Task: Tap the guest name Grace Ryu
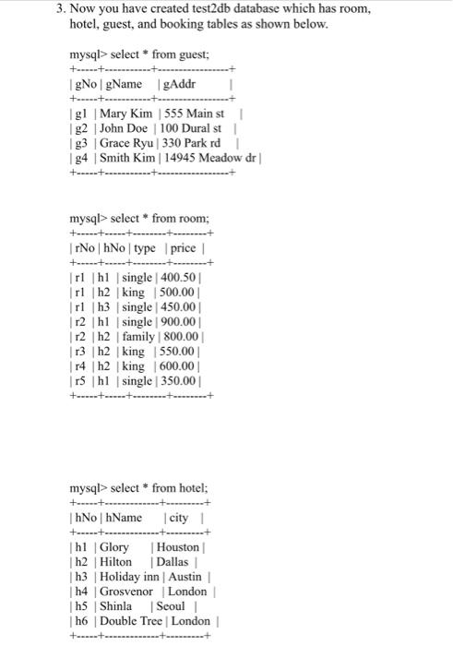click(x=125, y=143)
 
